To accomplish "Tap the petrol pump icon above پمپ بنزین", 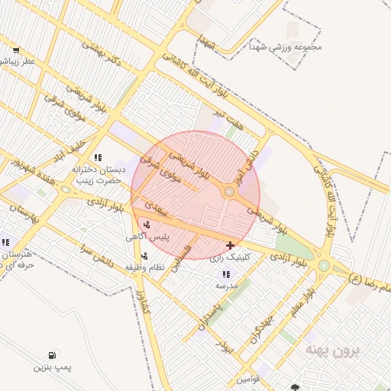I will (x=52, y=355).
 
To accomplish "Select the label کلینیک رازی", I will (x=226, y=258).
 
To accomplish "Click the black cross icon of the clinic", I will (x=230, y=245).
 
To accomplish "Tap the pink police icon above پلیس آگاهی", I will (x=146, y=225).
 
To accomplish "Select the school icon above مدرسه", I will (x=225, y=273).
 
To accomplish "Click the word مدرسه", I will (x=227, y=285).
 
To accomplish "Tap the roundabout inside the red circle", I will (x=228, y=192).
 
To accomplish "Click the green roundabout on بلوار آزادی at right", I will (x=324, y=266).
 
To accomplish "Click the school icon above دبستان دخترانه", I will (x=97, y=157).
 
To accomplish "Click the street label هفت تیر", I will (x=228, y=117).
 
